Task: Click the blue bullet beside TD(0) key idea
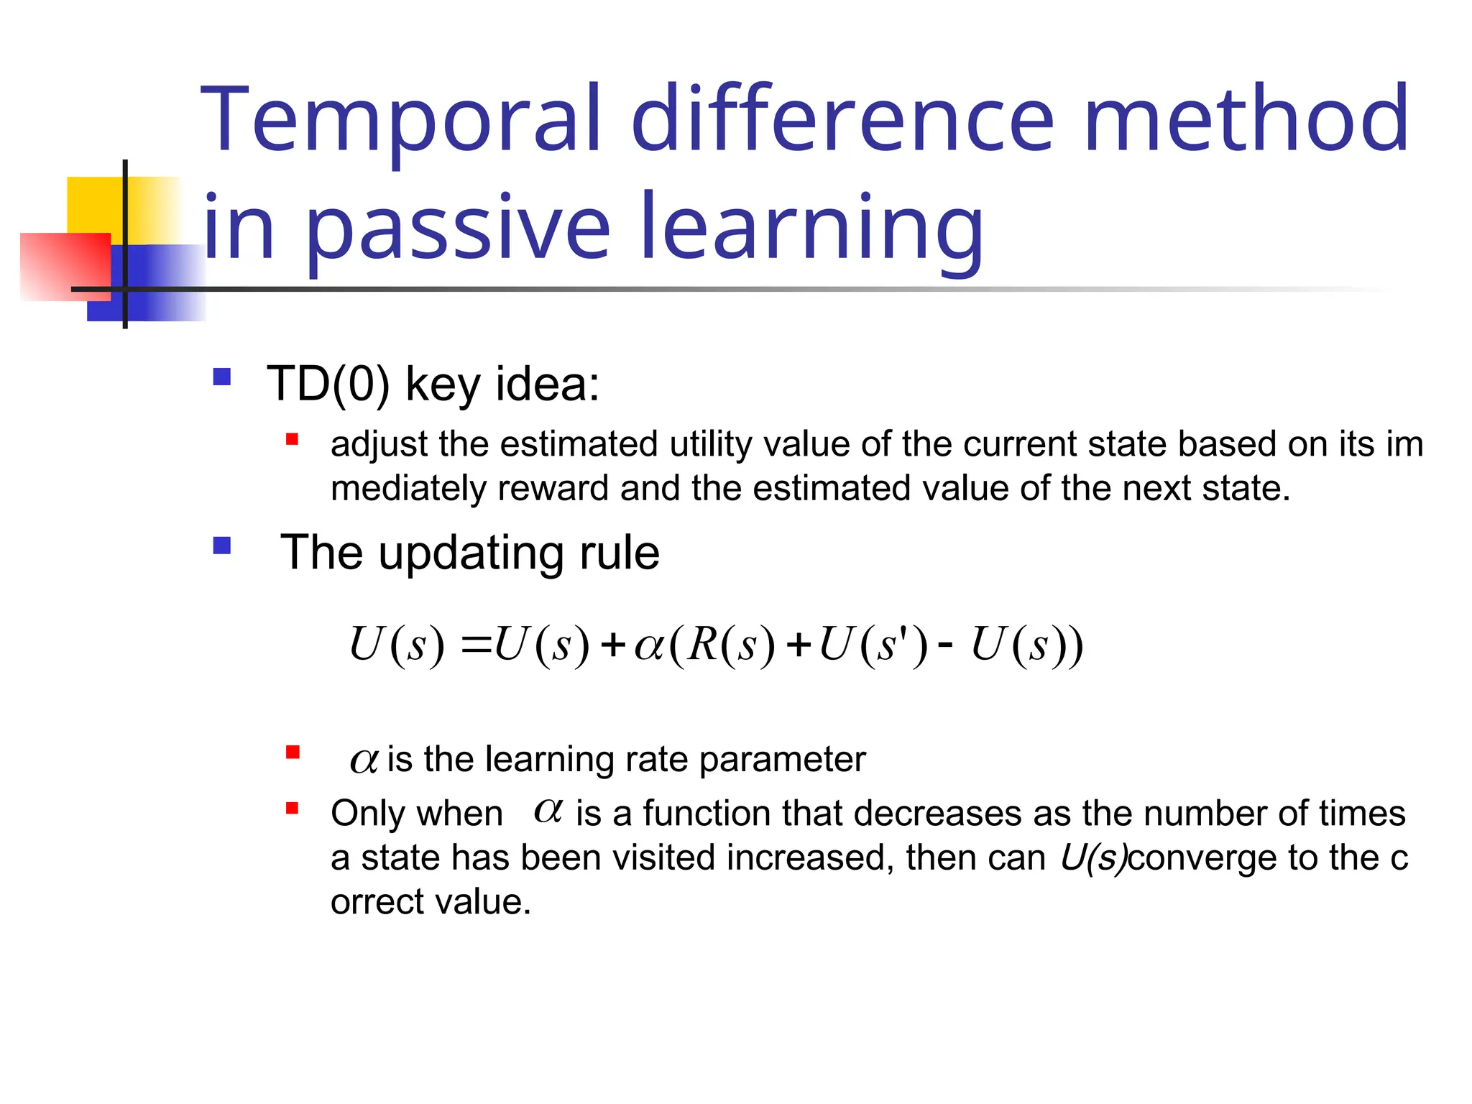point(222,377)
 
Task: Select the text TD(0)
point(328,384)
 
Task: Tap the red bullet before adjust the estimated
point(292,439)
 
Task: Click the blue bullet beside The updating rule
point(222,546)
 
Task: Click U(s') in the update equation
point(873,644)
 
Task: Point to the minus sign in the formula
point(945,643)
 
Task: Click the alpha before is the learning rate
point(364,760)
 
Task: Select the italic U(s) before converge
point(1093,858)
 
